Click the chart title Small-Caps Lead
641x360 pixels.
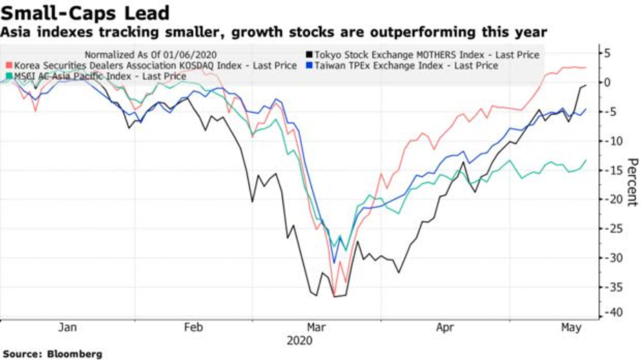[85, 12]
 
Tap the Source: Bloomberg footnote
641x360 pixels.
[52, 354]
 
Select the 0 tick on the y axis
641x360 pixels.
[608, 83]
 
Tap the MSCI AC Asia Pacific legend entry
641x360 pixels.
[100, 76]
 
